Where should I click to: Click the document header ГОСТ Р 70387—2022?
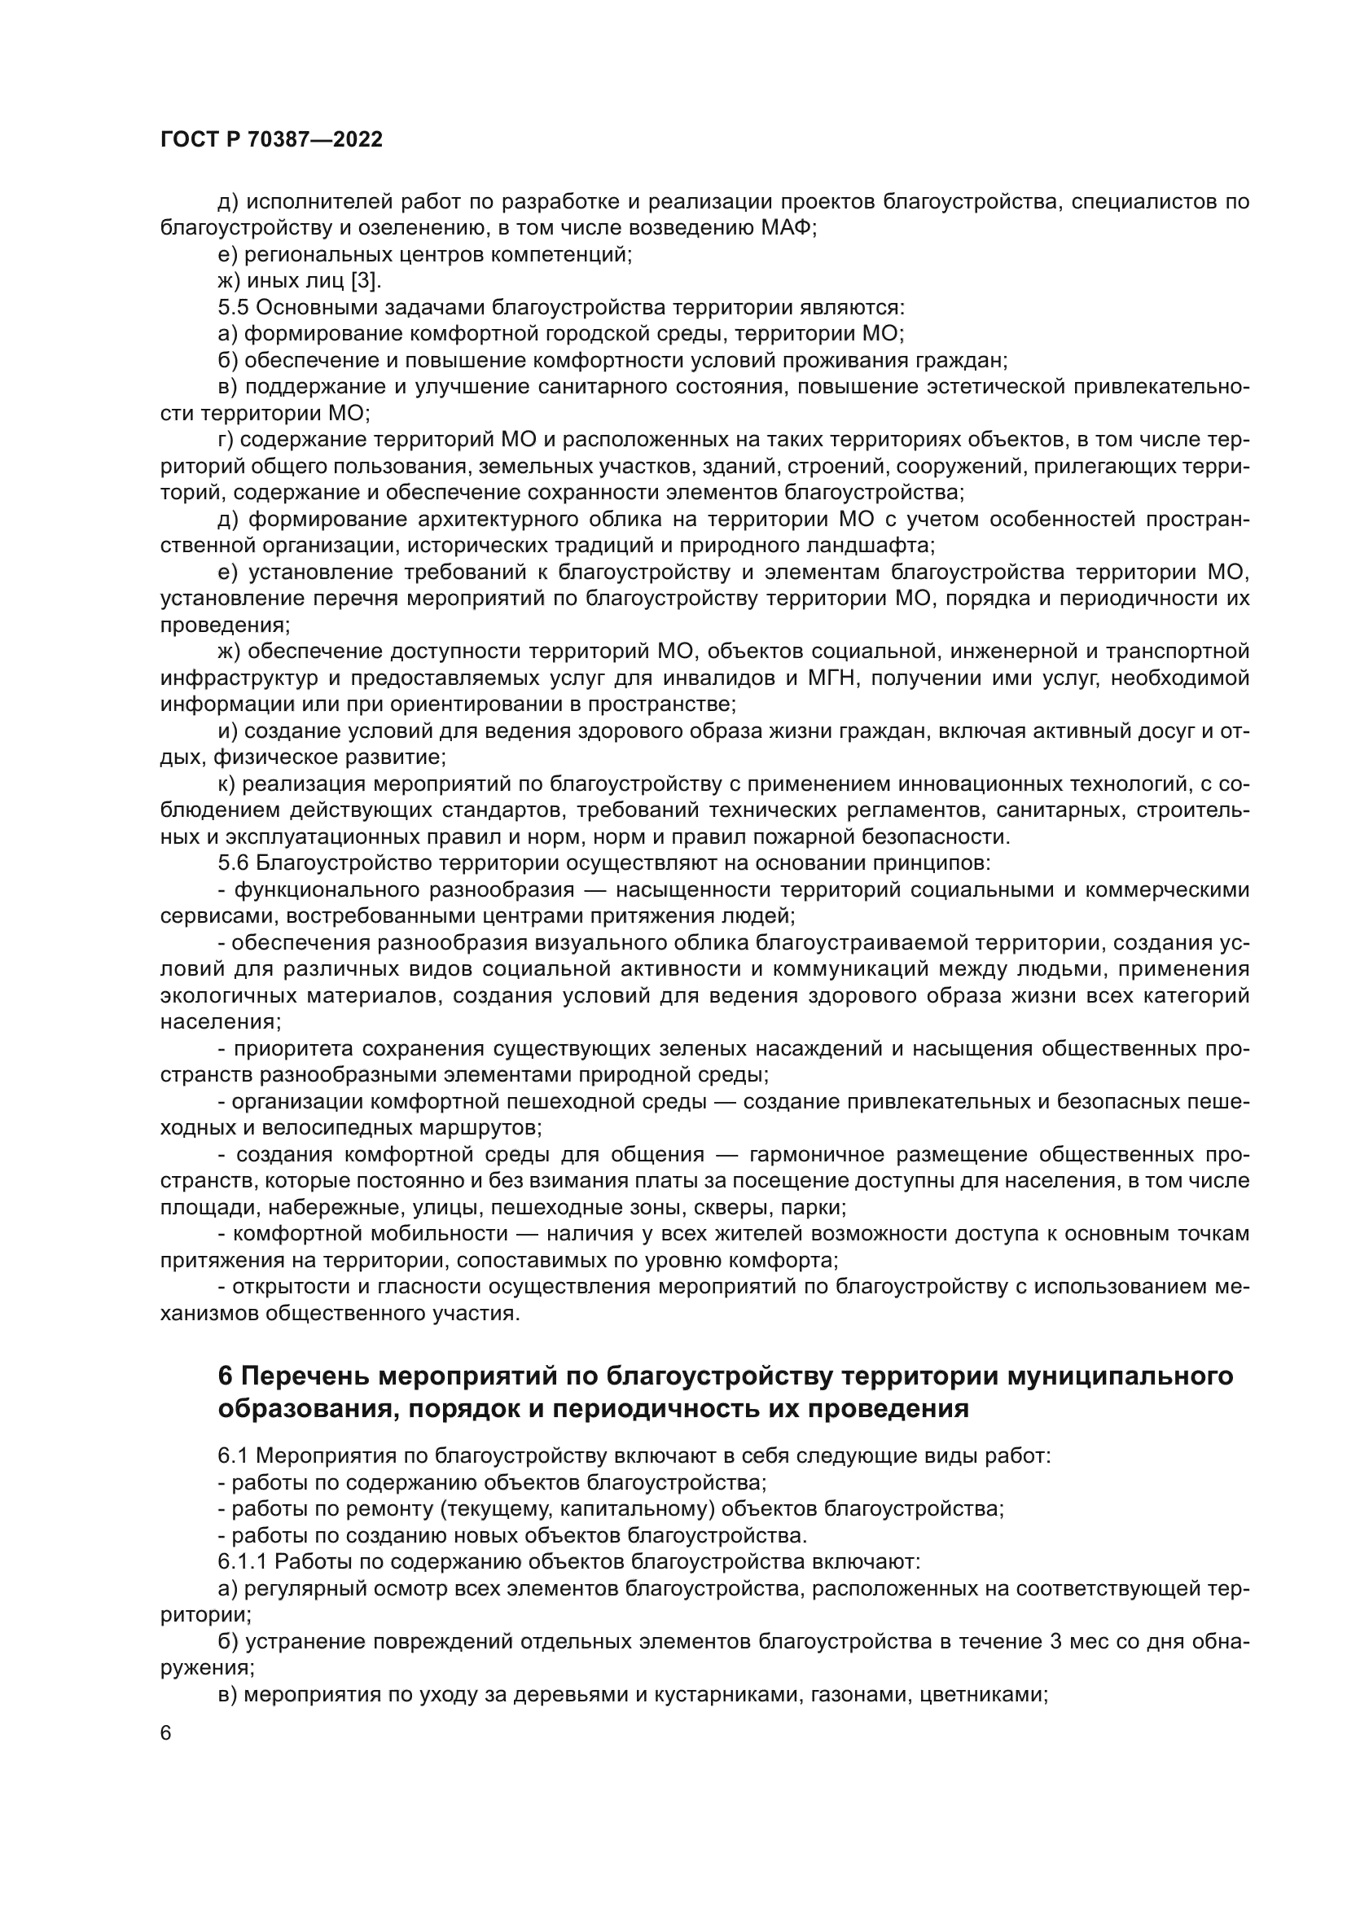coord(271,139)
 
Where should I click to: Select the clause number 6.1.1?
coord(242,1561)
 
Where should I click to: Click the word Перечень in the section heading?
coord(304,1377)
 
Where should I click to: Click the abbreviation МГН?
coord(830,678)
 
